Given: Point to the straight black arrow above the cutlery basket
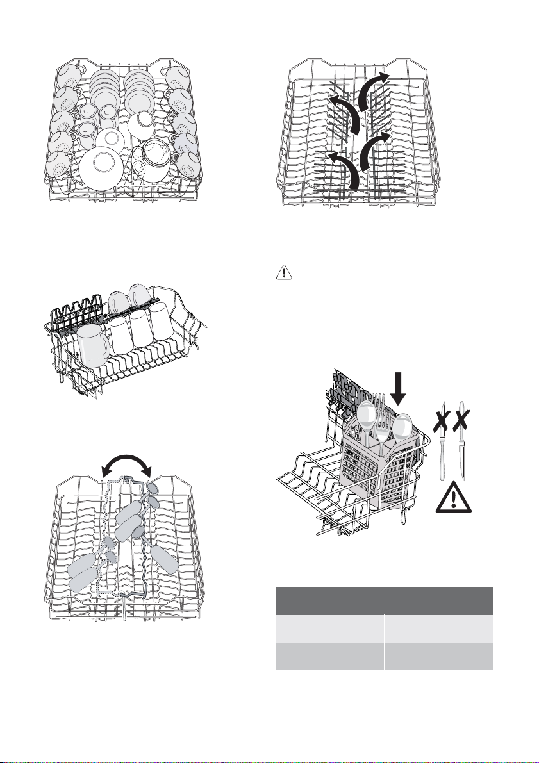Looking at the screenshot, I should pyautogui.click(x=399, y=386).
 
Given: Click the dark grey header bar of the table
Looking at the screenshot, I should pyautogui.click(x=385, y=601).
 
